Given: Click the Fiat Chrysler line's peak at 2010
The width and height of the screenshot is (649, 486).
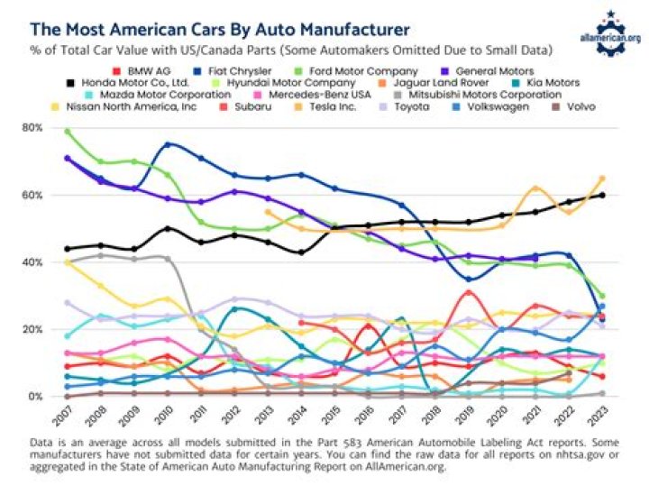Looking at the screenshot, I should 169,144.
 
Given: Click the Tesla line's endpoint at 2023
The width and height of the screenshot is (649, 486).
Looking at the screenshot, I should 602,179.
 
